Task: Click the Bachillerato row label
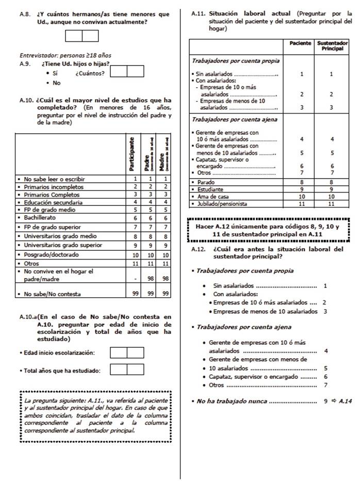click(x=42, y=218)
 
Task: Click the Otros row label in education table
click(x=31, y=263)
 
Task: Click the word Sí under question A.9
click(x=55, y=73)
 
